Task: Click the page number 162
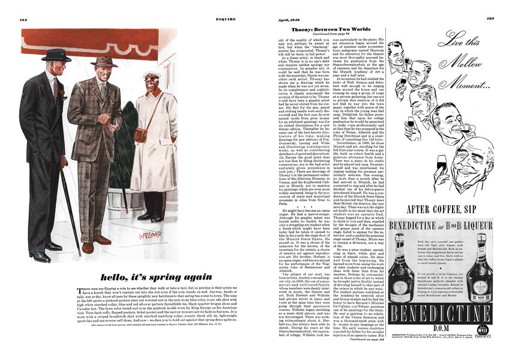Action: point(24,19)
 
